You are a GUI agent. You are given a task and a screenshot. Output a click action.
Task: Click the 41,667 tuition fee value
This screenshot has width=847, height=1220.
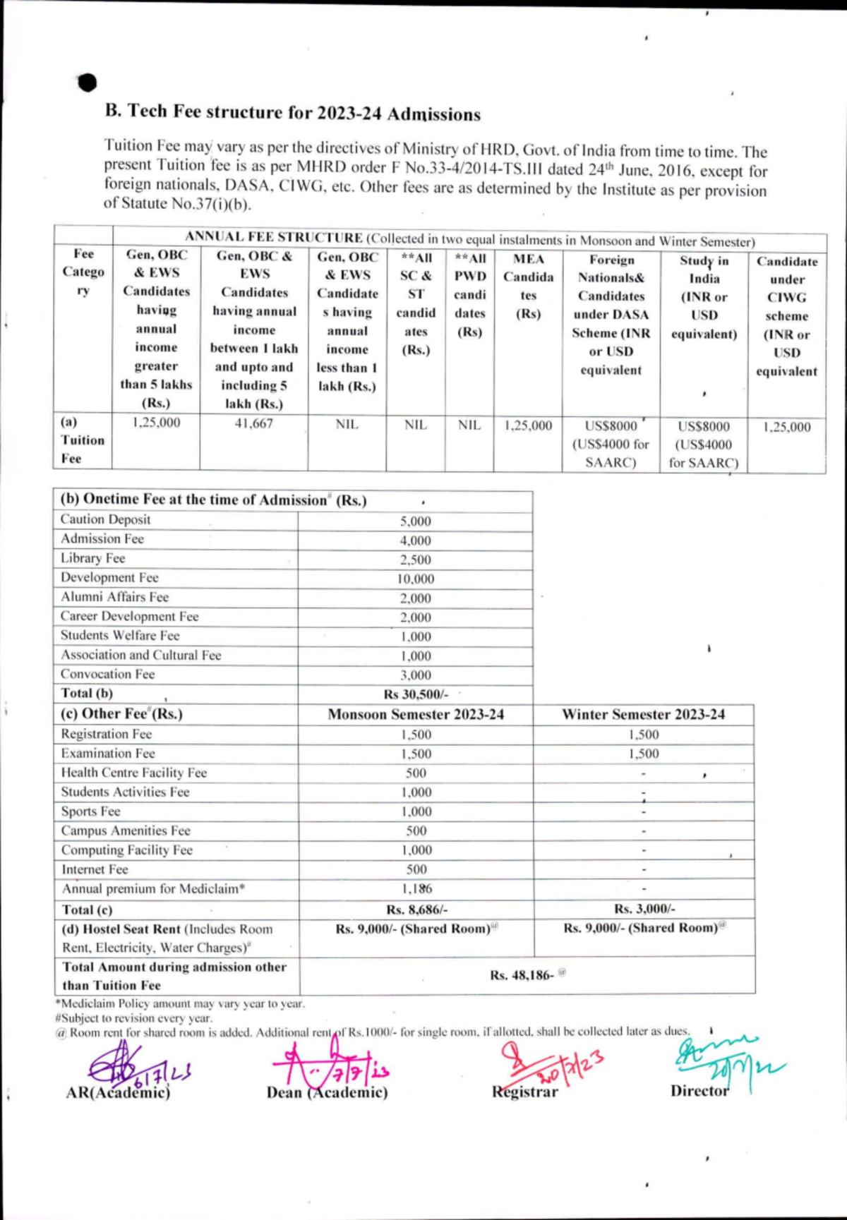pos(253,423)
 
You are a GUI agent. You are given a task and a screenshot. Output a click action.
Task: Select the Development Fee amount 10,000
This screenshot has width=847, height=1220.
pos(415,579)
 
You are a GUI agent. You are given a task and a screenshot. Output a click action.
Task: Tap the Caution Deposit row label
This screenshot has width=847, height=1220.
pos(106,519)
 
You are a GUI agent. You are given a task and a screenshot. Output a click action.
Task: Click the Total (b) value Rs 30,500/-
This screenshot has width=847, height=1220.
pos(416,694)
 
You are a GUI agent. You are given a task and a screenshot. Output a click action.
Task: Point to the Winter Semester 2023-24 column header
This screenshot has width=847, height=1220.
pos(643,714)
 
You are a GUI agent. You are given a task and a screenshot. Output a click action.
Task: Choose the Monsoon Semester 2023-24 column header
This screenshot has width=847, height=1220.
pos(416,714)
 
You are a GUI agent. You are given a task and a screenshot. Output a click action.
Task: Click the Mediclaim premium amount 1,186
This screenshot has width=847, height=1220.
pos(416,889)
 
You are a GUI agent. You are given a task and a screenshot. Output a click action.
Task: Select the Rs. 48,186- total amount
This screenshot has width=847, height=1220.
pos(522,975)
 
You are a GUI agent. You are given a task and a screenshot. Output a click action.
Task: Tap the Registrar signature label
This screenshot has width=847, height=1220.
pos(525,1092)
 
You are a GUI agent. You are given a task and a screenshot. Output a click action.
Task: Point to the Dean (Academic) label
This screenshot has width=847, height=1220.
pos(327,1092)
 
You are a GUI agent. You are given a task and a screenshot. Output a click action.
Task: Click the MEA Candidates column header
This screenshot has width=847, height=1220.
pos(528,286)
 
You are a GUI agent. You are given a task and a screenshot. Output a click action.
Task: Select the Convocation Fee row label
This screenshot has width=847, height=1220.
pos(107,674)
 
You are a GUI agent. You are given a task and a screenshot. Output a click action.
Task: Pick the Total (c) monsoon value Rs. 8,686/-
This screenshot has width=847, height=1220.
pos(416,910)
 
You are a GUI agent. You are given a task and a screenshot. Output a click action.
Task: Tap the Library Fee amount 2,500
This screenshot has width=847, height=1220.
pos(415,560)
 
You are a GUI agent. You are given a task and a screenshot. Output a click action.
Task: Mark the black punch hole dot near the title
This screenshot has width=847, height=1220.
pos(88,83)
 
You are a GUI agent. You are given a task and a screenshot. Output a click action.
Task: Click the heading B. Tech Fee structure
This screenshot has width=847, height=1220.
pos(292,112)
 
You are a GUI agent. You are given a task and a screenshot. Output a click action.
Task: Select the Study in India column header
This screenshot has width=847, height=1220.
pos(704,297)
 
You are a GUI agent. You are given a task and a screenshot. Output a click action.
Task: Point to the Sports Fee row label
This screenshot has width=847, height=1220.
pos(90,811)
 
